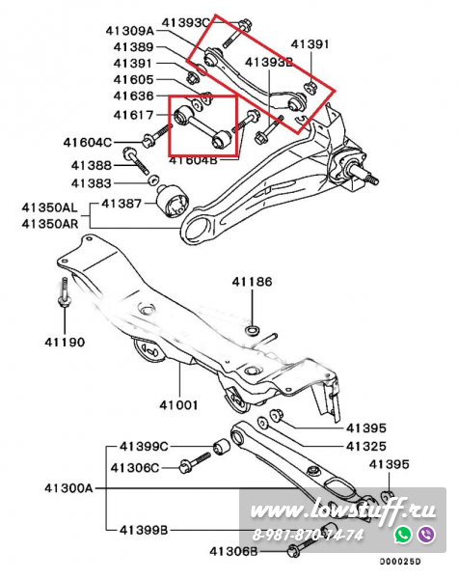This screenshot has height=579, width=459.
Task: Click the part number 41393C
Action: [x=185, y=22]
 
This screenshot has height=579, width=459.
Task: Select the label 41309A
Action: [x=130, y=30]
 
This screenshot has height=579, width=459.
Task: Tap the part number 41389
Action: [x=133, y=47]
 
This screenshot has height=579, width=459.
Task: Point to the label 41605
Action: [x=133, y=79]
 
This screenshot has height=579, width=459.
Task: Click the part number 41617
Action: [x=133, y=115]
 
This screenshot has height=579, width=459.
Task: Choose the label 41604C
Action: [x=88, y=142]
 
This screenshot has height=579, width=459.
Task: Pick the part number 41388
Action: [x=92, y=165]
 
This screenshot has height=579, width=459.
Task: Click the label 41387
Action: [x=121, y=204]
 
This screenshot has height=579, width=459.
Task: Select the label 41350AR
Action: [x=50, y=224]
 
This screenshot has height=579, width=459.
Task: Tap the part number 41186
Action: [x=252, y=282]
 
